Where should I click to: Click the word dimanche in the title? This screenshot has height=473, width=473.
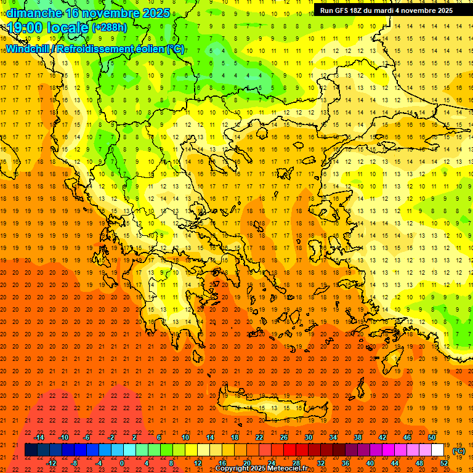coord(34,13)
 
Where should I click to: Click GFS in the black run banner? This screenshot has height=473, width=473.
coord(344,10)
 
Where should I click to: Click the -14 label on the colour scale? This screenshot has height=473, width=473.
coord(39,437)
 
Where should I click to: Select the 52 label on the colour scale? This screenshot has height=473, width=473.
coord(444,463)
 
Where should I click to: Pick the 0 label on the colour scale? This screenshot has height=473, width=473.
coord(122,463)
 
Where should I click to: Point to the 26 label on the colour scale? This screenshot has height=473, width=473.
coord(284,437)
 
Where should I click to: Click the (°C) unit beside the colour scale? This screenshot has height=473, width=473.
coord(459,451)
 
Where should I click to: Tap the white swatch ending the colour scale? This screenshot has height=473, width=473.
coord(438,450)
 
